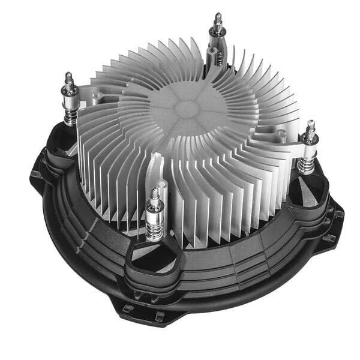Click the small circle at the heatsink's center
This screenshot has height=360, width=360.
188,109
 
